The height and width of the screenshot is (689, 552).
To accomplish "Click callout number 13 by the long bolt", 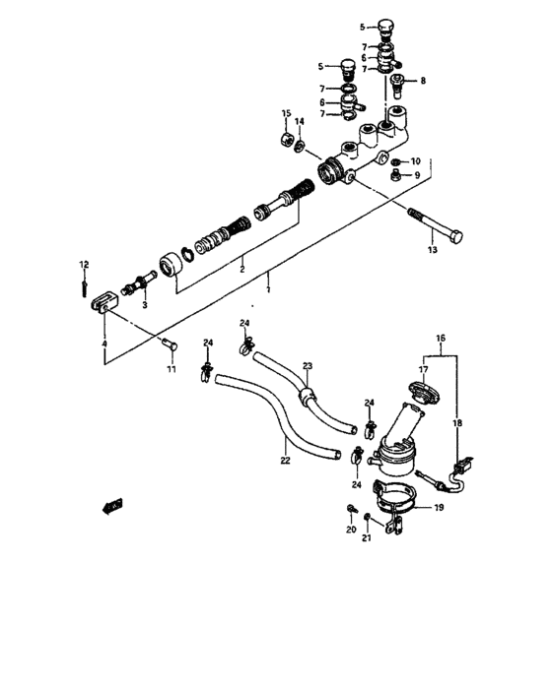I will pos(431,251).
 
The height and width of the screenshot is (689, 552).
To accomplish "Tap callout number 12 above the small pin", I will pos(85,264).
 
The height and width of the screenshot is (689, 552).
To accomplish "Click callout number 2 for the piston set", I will pos(241,266).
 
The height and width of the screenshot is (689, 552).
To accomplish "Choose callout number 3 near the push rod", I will pos(144,306).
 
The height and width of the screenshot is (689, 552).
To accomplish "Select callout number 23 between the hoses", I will pos(307,366).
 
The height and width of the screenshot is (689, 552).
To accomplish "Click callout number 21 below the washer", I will pos(367,538).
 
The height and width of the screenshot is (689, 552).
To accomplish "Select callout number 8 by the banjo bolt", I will pos(424,81).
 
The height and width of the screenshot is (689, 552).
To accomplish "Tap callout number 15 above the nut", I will pos(285,114).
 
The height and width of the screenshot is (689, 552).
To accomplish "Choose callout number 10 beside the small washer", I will pos(416,160).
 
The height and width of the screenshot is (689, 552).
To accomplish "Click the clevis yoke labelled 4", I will pos(103,308).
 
